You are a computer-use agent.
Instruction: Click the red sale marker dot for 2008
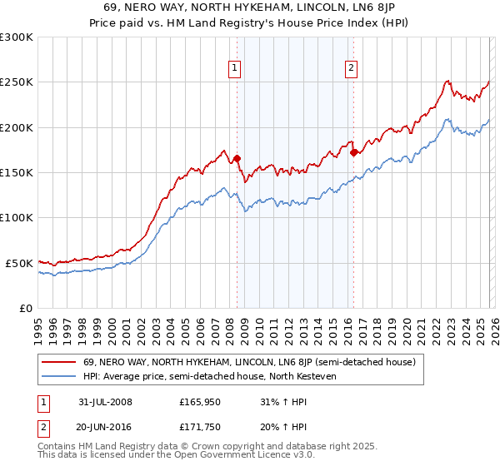[x=237, y=158]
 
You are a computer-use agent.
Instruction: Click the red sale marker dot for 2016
[x=354, y=152]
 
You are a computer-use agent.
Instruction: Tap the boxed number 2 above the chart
[x=352, y=69]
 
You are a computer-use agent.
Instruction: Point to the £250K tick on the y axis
[x=17, y=82]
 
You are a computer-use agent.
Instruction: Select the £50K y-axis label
[x=19, y=263]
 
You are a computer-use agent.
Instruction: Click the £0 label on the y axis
[x=26, y=308]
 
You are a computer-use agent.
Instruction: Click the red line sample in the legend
[x=60, y=363]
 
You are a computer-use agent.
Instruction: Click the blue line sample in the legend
[x=60, y=376]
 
